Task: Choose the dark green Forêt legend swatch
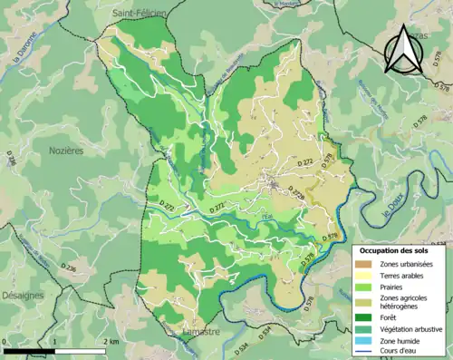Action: pos(362,317)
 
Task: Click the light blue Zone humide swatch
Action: pos(362,343)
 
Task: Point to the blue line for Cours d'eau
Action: pos(362,355)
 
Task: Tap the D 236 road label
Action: pos(68,269)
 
